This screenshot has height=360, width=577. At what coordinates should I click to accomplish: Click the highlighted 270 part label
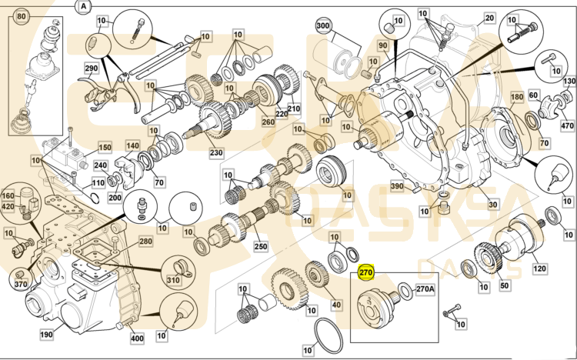point(366,272)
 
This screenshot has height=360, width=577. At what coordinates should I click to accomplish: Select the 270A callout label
point(425,290)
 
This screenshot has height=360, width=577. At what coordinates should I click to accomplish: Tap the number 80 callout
point(22,16)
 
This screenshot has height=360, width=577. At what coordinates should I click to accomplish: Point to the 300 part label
point(322,26)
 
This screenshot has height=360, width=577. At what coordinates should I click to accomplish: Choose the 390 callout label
point(397,187)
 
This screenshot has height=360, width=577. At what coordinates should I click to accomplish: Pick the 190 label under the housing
point(46,335)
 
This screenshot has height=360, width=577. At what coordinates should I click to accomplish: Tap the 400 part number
point(137,338)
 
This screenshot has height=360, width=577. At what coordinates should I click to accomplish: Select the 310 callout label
point(173,281)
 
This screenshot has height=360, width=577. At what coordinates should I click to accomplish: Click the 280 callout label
point(145,242)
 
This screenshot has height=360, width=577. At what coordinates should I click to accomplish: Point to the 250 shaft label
point(260,246)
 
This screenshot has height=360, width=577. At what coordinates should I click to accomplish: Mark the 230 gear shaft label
point(216,152)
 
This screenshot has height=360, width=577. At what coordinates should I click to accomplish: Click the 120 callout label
point(539,268)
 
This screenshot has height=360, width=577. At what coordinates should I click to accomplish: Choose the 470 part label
point(568,125)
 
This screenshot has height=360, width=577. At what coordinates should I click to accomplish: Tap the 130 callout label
point(569,82)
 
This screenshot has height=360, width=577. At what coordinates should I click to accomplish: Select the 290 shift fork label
point(92,68)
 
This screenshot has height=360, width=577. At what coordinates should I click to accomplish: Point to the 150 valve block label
point(104,147)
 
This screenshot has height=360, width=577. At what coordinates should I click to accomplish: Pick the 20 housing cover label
point(489,18)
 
